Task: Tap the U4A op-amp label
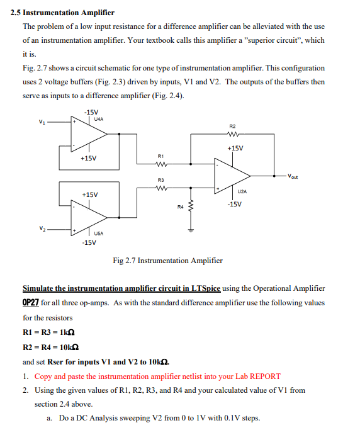point(99,118)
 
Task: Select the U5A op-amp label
point(99,234)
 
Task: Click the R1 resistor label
point(161,155)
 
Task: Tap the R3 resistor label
point(161,180)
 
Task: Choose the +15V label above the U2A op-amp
point(235,148)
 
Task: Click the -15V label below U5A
point(89,242)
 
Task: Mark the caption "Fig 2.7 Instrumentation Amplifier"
point(167,261)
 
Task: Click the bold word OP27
point(31,303)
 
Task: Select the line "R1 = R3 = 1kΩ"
point(50,332)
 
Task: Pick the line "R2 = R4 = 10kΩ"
point(50,347)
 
